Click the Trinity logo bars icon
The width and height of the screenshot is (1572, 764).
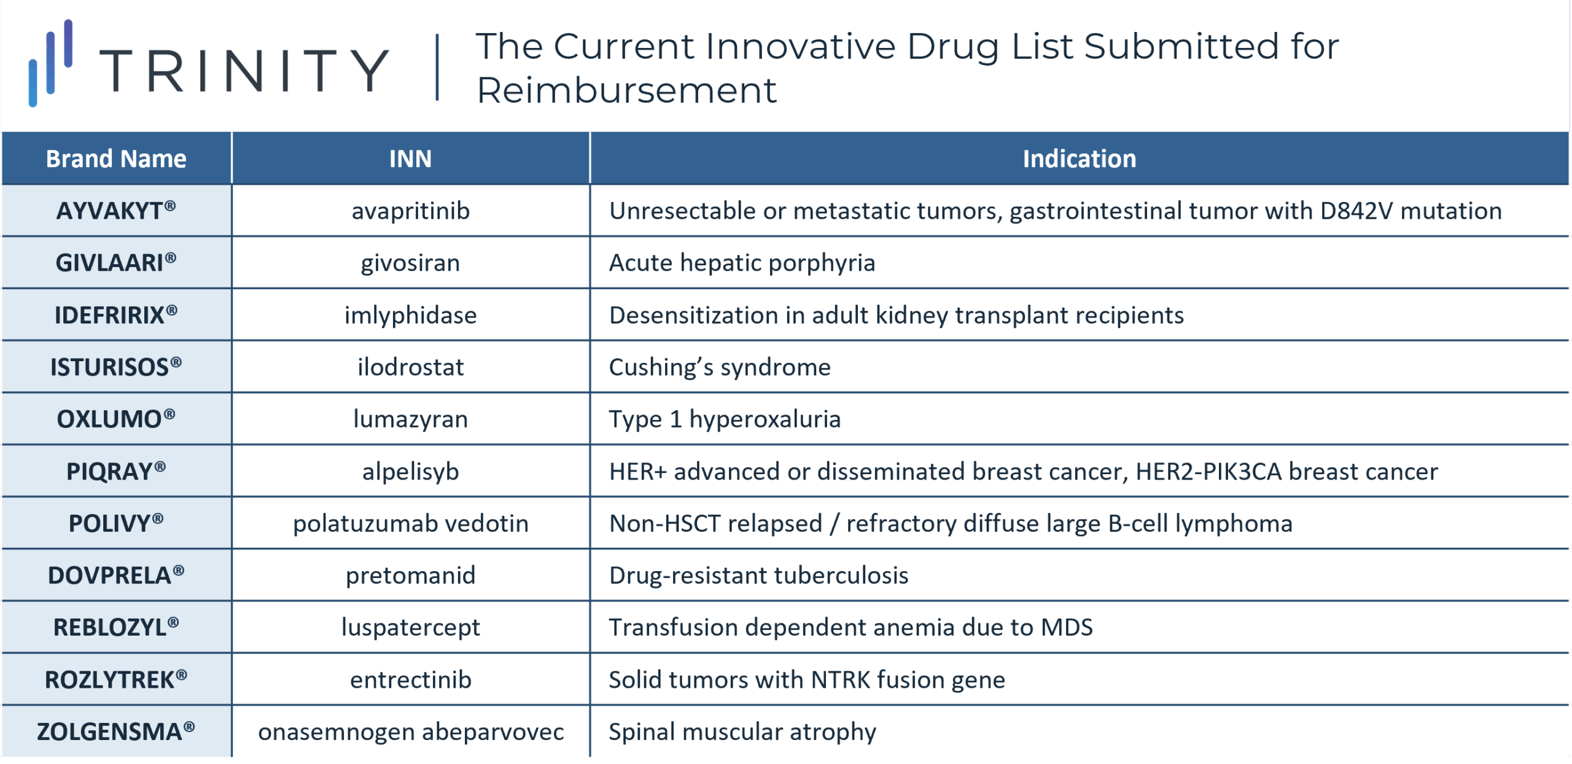(51, 63)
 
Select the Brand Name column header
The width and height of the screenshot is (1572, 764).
(116, 159)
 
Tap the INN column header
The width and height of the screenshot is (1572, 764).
(410, 159)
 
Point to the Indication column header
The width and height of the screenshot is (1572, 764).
(1079, 159)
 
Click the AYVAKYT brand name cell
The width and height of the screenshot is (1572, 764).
(116, 211)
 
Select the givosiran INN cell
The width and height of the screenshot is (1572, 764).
(410, 263)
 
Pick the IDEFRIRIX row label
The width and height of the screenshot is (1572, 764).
(116, 315)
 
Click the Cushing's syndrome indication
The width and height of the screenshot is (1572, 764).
(720, 367)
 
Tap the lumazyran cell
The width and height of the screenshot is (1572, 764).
(410, 419)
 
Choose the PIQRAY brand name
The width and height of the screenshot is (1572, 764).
(116, 472)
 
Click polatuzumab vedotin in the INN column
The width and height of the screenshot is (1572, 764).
(410, 523)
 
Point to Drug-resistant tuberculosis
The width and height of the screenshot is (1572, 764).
(758, 575)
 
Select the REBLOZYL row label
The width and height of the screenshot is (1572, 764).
(116, 628)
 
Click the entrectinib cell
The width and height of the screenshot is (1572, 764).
(410, 680)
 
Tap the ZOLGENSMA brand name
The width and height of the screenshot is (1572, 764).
(116, 732)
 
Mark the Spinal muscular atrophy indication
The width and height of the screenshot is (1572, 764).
(742, 732)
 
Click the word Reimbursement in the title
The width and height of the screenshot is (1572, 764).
(626, 90)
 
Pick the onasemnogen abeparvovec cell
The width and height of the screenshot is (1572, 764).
(410, 732)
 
